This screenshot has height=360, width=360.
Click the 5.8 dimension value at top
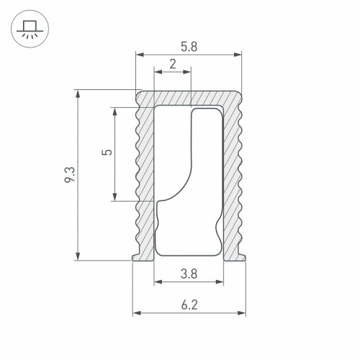[189, 45]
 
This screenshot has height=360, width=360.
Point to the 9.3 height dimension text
[68, 174]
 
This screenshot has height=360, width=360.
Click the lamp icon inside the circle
[29, 30]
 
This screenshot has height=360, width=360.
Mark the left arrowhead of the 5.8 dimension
[139, 54]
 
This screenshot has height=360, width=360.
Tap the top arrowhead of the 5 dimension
[115, 110]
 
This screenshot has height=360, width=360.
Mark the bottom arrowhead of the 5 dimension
[115, 199]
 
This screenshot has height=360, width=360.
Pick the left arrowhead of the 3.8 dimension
[157, 282]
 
